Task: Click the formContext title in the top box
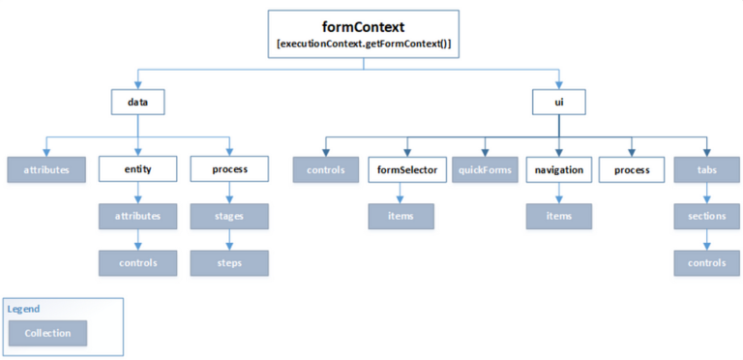click(x=363, y=27)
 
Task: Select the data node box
click(x=136, y=101)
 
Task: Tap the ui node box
click(x=558, y=101)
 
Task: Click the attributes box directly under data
click(x=45, y=168)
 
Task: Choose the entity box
click(x=136, y=168)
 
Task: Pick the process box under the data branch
click(x=228, y=168)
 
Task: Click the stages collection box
click(x=228, y=216)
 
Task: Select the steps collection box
click(x=228, y=262)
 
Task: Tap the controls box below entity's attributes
click(x=136, y=262)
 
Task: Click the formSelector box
click(x=405, y=168)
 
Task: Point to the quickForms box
click(x=482, y=168)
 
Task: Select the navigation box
click(x=558, y=168)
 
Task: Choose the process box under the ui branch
click(x=635, y=168)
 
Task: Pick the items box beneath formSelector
click(x=405, y=216)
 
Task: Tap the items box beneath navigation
click(x=558, y=216)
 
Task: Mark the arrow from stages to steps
click(x=228, y=239)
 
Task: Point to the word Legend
click(x=24, y=308)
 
